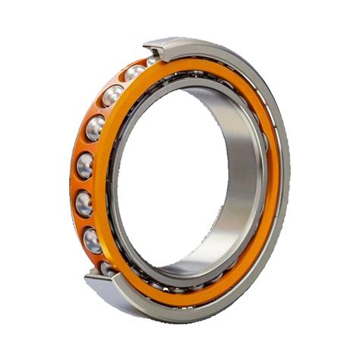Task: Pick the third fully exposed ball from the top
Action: click(96, 128)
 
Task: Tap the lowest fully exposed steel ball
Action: click(92, 240)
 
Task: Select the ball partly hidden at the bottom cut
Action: click(109, 267)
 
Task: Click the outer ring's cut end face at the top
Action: click(163, 46)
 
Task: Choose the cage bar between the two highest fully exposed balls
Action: click(122, 84)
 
